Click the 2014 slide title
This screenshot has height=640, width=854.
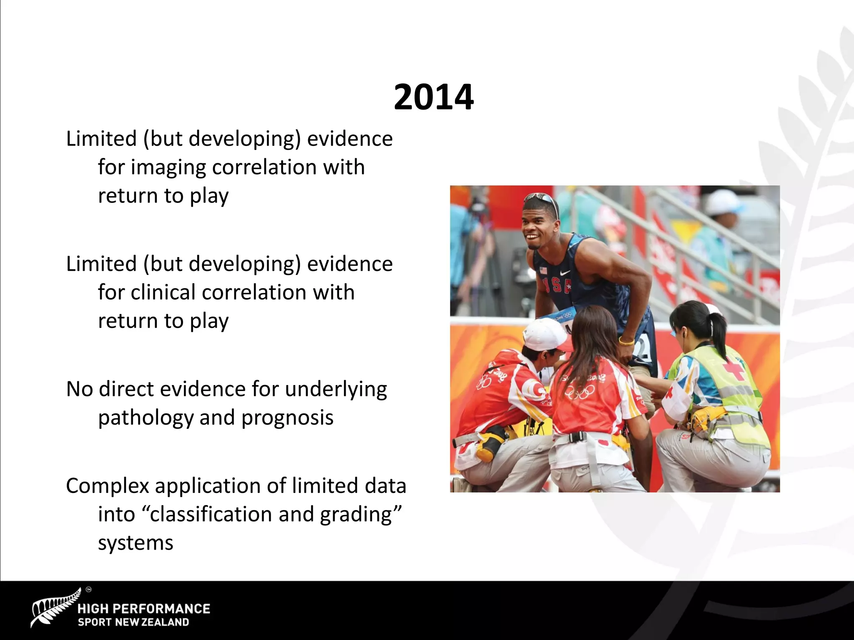(433, 97)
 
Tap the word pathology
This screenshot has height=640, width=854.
(146, 418)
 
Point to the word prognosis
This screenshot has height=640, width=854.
(287, 418)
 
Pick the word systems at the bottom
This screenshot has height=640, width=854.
(136, 543)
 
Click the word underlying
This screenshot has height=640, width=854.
(336, 390)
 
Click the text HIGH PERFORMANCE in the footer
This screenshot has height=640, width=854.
(143, 609)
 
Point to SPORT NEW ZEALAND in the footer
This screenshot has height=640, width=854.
(133, 622)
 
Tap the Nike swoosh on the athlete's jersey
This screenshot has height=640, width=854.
(565, 273)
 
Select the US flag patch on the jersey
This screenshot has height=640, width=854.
(543, 270)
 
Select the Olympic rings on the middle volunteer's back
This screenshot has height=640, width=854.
(580, 392)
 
